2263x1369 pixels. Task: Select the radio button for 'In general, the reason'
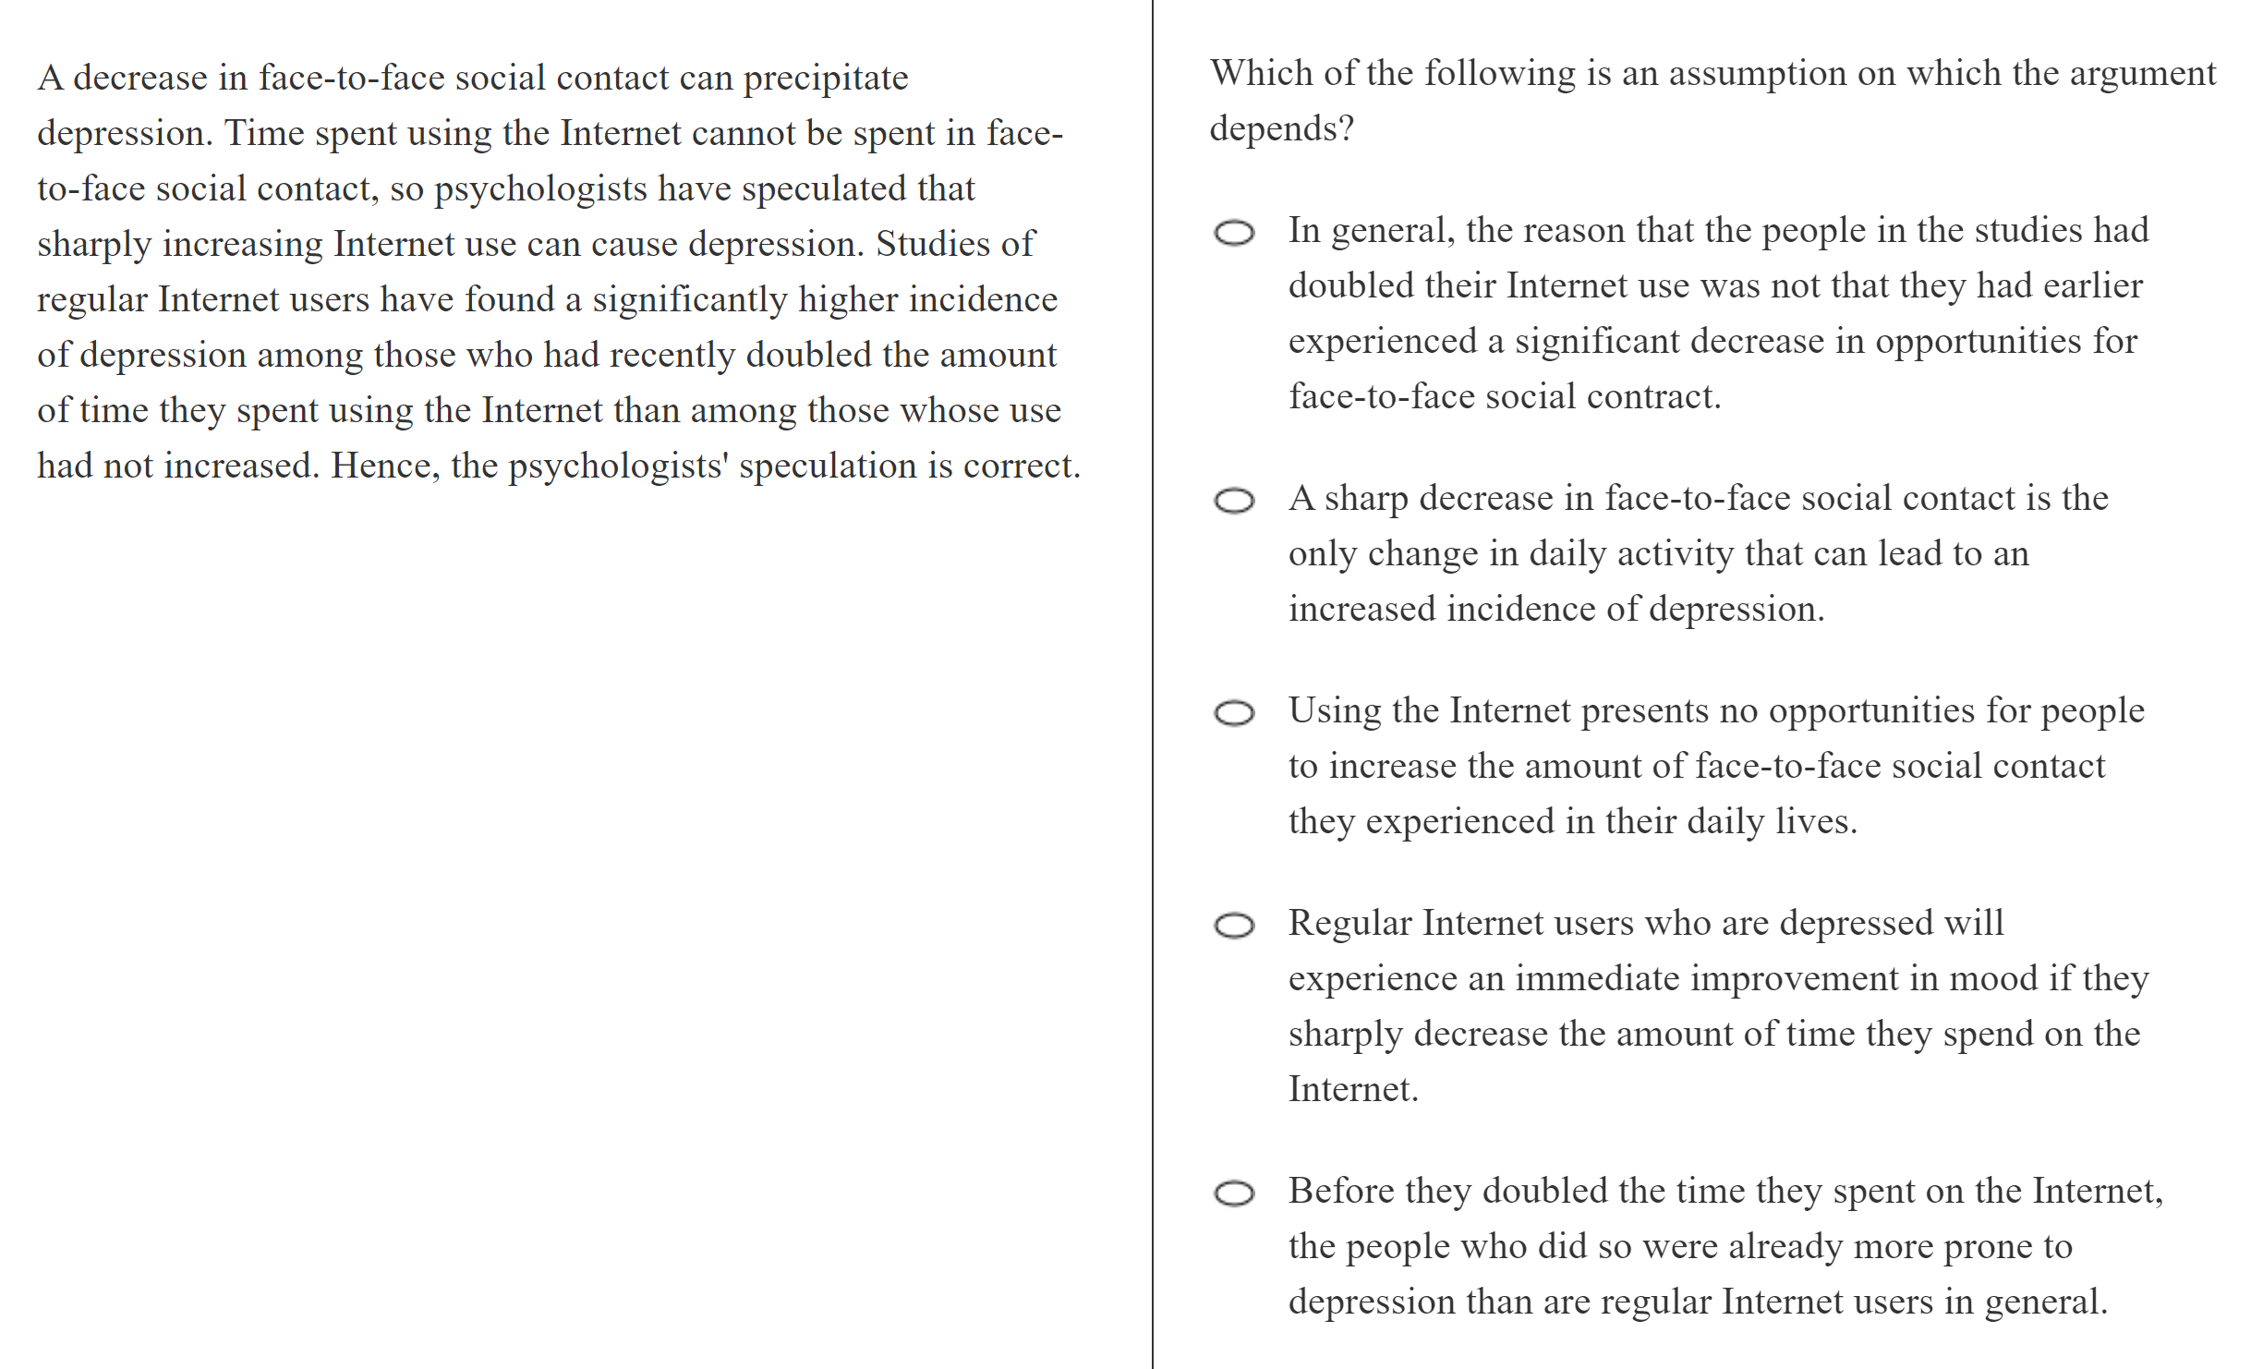pyautogui.click(x=1234, y=233)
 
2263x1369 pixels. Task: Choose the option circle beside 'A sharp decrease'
pyautogui.click(x=1234, y=501)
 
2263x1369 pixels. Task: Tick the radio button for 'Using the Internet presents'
pyautogui.click(x=1234, y=713)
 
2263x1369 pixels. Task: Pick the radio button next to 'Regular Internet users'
pyautogui.click(x=1234, y=926)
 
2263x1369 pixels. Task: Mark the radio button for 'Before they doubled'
pyautogui.click(x=1234, y=1193)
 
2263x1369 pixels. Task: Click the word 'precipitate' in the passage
pyautogui.click(x=826, y=79)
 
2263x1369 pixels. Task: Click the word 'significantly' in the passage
pyautogui.click(x=689, y=300)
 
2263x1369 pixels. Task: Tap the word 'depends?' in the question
pyautogui.click(x=1282, y=129)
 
